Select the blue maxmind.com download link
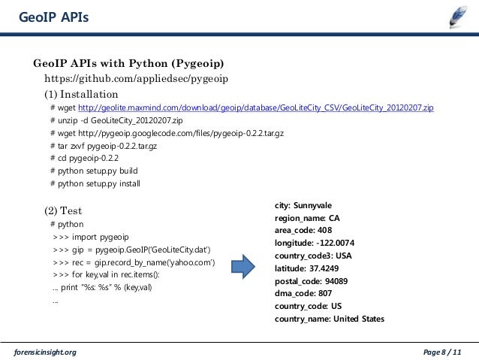point(255,108)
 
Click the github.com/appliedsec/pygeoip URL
point(137,78)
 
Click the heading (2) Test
point(63,210)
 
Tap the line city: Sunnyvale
point(303,205)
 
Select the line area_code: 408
point(303,230)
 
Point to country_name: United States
point(329,319)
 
